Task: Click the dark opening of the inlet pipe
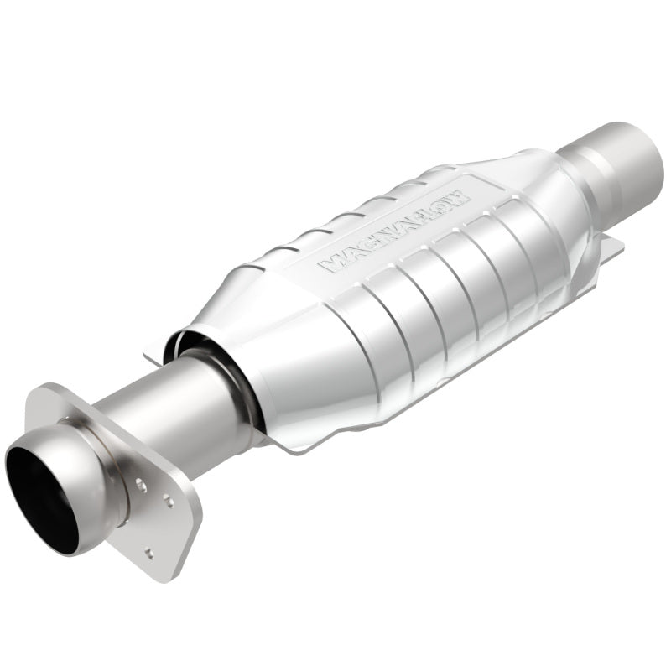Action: [40, 495]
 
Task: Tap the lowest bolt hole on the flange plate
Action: [148, 551]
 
